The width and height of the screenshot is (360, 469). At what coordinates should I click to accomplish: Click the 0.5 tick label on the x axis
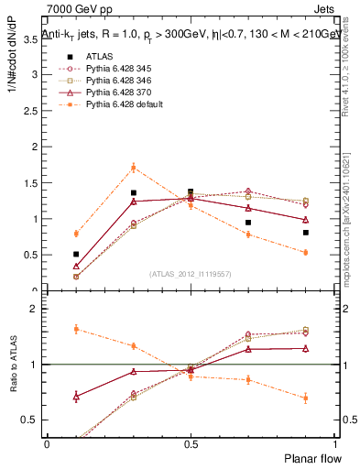click(x=191, y=443)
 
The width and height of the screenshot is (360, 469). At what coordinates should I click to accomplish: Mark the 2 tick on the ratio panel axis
click(x=35, y=309)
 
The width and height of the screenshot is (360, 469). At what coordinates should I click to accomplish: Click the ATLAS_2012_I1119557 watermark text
click(x=190, y=274)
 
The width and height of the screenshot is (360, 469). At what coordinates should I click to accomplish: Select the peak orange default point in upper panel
click(x=134, y=168)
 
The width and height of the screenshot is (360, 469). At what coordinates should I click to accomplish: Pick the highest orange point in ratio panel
click(x=76, y=329)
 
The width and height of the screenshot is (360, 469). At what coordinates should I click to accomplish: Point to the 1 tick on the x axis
click(x=333, y=443)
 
